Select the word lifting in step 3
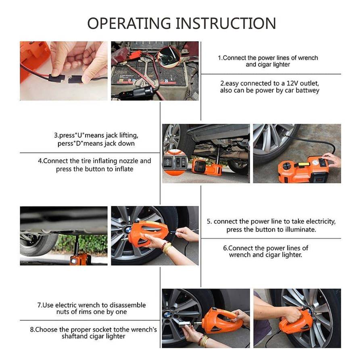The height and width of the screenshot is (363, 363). [128, 136]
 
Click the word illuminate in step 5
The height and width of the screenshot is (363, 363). [299, 229]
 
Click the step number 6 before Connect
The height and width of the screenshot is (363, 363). [225, 248]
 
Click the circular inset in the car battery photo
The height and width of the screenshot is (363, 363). [169, 56]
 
